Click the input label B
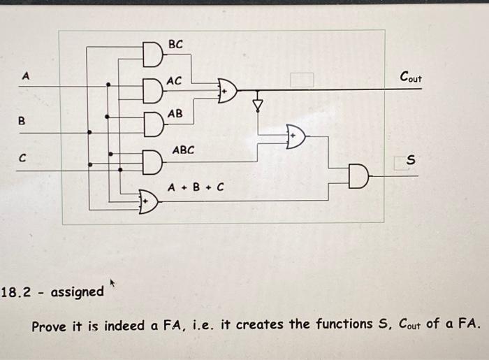[x=21, y=120]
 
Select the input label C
[x=22, y=159]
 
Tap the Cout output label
[x=410, y=77]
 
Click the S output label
[x=411, y=161]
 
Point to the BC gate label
[x=176, y=44]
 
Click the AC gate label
[x=175, y=81]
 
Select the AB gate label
[x=175, y=113]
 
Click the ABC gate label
[x=184, y=150]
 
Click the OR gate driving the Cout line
[x=228, y=90]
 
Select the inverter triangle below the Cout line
[x=258, y=105]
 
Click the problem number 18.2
[x=17, y=291]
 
